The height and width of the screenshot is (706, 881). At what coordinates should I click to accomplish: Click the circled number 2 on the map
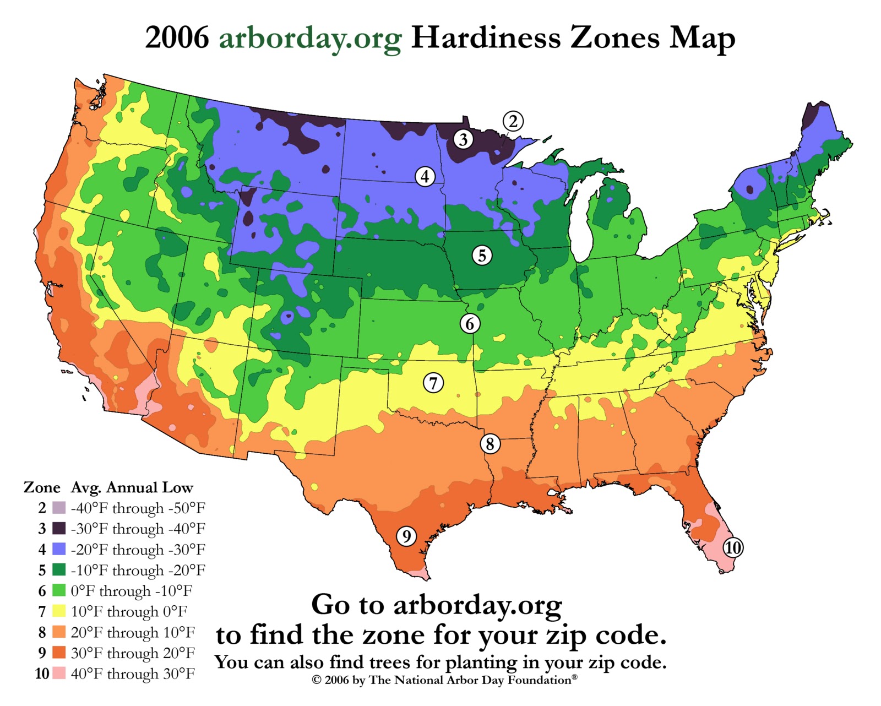point(513,121)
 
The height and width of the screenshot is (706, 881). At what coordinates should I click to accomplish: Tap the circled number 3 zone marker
point(463,139)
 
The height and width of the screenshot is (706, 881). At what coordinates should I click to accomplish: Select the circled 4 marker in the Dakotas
point(425,177)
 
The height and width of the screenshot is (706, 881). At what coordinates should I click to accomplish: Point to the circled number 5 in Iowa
point(482,256)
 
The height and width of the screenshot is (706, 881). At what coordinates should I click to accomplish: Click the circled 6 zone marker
point(470,324)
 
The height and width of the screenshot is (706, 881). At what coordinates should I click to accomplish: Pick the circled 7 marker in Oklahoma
point(433,383)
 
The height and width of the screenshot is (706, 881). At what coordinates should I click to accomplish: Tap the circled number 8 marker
point(490,443)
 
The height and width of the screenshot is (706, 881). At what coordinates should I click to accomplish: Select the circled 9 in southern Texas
point(406,536)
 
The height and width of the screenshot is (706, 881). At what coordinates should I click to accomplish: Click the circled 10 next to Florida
point(732,548)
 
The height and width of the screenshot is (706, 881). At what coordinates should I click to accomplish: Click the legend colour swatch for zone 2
point(59,508)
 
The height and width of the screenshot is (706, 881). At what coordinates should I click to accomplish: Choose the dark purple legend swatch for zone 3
point(59,528)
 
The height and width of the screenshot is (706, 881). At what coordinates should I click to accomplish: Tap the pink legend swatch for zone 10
point(59,673)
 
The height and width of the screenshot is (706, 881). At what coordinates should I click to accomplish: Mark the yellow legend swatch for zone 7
point(59,611)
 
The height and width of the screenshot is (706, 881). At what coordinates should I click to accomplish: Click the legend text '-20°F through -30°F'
point(138,550)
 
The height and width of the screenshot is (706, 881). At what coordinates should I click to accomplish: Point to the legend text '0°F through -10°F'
point(132,591)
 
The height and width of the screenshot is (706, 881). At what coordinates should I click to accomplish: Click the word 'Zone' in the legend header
point(42,487)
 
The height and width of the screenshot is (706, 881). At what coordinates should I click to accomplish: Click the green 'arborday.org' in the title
point(310,39)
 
